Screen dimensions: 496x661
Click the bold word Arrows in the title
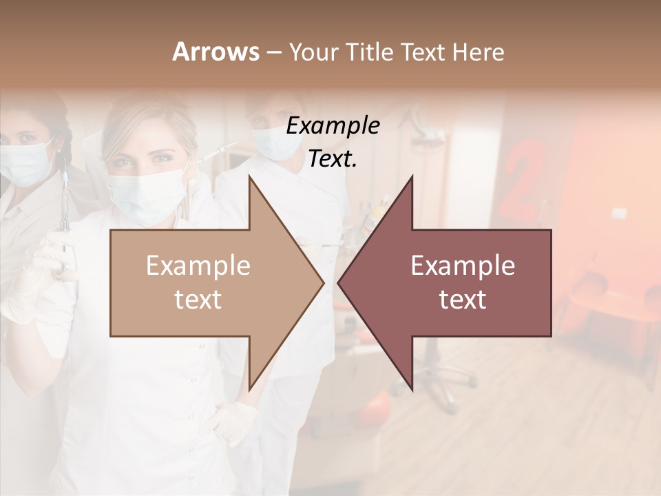point(216,52)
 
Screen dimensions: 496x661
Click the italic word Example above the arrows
point(333,126)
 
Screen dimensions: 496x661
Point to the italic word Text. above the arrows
point(333,159)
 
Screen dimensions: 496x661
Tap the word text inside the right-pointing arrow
point(198,300)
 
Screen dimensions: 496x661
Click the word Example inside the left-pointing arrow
point(463,266)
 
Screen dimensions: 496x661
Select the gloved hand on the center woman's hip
point(235,420)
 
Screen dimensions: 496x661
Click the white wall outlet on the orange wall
point(619,214)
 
